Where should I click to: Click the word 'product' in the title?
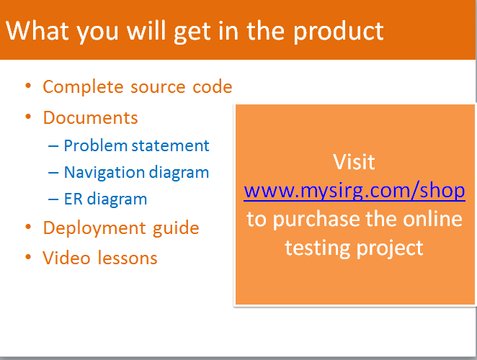338,32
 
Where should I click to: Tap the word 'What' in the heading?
37,30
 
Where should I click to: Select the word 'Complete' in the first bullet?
83,87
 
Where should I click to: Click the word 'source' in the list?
158,88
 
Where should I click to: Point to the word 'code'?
213,87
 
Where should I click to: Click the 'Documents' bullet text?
90,117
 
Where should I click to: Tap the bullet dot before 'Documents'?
28,117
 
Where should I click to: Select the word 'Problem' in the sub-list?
96,145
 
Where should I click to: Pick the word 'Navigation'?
104,173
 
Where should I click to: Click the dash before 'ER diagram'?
53,199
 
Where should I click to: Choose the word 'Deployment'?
94,229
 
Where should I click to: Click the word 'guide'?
176,228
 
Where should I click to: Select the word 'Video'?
66,258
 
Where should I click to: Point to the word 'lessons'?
128,258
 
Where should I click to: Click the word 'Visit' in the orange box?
354,161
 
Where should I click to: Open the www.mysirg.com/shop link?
355,191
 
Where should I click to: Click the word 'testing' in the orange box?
317,248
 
